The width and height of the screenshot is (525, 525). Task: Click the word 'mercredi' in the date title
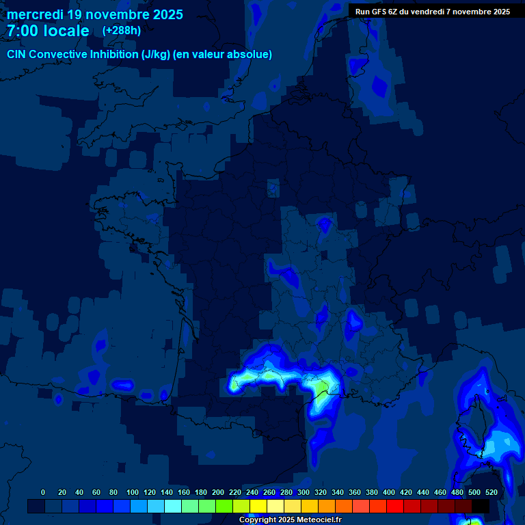[x=35, y=14]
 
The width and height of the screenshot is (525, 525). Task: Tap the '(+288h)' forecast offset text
[x=122, y=31]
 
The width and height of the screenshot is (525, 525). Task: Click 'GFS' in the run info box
[x=380, y=12]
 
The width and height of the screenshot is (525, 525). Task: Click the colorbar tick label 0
[x=43, y=492]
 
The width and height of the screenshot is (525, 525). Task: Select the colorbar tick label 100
[x=133, y=492]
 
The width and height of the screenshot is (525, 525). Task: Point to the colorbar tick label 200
[x=218, y=492]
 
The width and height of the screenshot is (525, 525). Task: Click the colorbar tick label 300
[x=304, y=492]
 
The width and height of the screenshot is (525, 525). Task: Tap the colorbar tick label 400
[x=389, y=492]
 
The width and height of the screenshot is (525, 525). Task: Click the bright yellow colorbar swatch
[x=258, y=506]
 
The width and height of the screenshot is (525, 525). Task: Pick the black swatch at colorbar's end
[x=481, y=506]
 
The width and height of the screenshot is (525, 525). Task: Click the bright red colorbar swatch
[x=395, y=506]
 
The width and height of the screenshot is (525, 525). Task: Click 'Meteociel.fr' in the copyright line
[x=319, y=520]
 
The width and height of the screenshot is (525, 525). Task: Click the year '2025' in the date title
[x=166, y=14]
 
